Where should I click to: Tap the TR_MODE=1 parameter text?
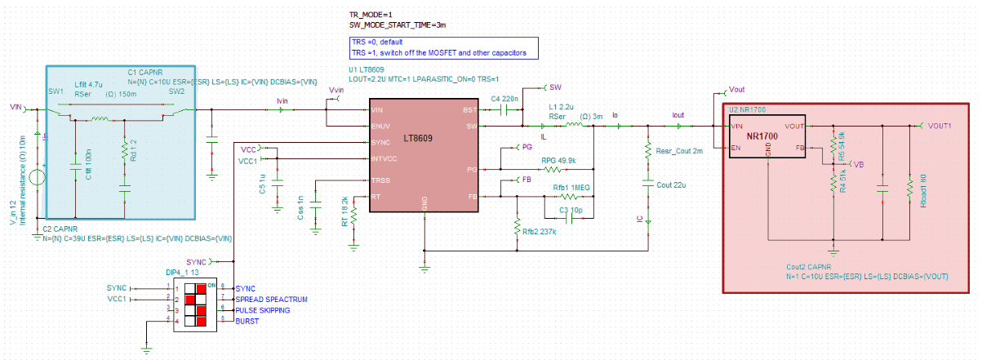click(x=371, y=15)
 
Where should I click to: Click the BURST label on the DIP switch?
click(x=247, y=322)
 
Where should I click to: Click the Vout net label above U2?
click(x=735, y=89)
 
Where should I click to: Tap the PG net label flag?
click(x=527, y=148)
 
